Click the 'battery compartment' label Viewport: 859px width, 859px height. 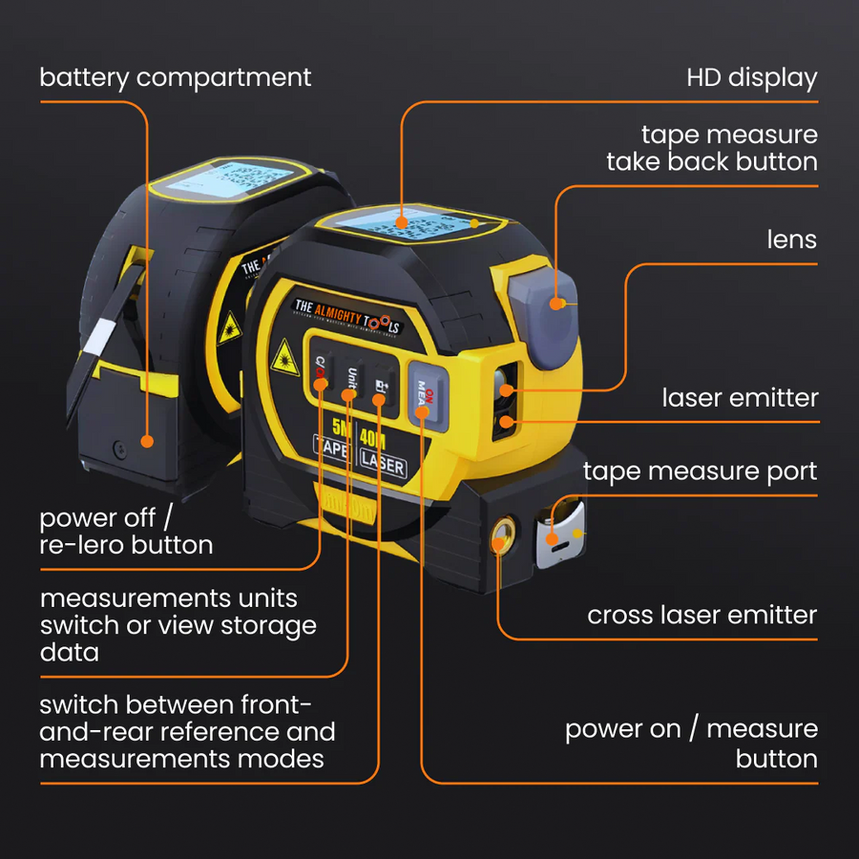pyautogui.click(x=176, y=77)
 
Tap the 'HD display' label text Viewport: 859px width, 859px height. pyautogui.click(x=751, y=77)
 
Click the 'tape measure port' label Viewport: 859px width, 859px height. pyautogui.click(x=700, y=471)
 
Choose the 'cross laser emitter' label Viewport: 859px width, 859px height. pyautogui.click(x=702, y=615)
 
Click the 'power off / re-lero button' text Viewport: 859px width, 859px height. pyautogui.click(x=126, y=532)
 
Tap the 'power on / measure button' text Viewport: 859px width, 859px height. pyautogui.click(x=691, y=744)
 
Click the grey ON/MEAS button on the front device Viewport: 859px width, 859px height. pyautogui.click(x=425, y=390)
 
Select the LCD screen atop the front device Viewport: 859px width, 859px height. pyautogui.click(x=406, y=223)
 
